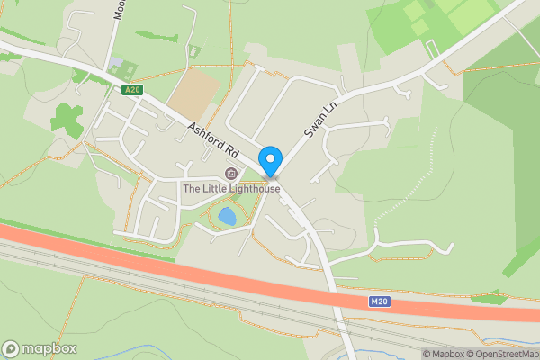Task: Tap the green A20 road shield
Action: click(x=132, y=89)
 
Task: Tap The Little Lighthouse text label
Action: click(x=231, y=189)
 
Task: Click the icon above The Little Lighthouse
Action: click(x=230, y=174)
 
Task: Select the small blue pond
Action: click(x=227, y=217)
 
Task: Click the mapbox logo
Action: click(x=40, y=348)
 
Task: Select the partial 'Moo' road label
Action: click(x=118, y=9)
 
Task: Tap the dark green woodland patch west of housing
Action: click(x=65, y=117)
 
